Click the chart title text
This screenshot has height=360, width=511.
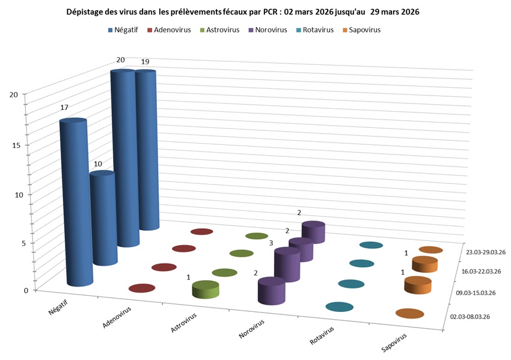click(242, 12)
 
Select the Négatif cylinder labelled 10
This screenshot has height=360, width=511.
click(103, 219)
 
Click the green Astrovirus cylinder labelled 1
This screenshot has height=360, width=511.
click(205, 290)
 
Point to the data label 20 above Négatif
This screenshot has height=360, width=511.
click(121, 59)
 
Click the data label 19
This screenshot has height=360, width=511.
click(145, 61)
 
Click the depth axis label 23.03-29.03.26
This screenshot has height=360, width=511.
click(485, 252)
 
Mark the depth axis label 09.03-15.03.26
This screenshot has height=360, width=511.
click(477, 293)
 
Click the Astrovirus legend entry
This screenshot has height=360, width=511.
click(224, 29)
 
